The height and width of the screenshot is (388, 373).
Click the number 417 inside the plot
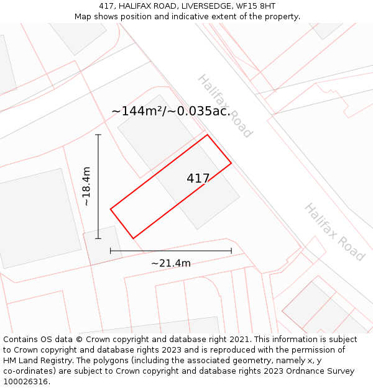pyautogui.click(x=198, y=178)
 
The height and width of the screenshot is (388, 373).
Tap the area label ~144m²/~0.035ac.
pyautogui.click(x=171, y=111)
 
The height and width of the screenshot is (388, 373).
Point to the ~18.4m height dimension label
pyautogui.click(x=86, y=186)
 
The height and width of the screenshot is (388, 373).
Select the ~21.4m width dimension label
pyautogui.click(x=170, y=263)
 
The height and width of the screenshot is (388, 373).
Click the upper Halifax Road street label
pyautogui.click(x=225, y=106)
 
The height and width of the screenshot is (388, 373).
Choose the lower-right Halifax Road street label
pyautogui.click(x=334, y=232)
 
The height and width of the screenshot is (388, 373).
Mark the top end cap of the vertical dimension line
pyautogui.click(x=98, y=135)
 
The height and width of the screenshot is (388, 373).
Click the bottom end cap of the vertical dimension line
pyautogui.click(x=98, y=238)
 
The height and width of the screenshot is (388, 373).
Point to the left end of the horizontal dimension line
pyautogui.click(x=111, y=251)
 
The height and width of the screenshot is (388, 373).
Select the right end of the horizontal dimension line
pyautogui.click(x=231, y=251)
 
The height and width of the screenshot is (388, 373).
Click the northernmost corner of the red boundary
pyautogui.click(x=207, y=135)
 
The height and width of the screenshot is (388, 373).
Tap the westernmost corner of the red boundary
pyautogui.click(x=111, y=209)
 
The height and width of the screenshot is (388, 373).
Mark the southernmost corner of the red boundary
pyautogui.click(x=133, y=238)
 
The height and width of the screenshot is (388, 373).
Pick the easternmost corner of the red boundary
pyautogui.click(x=231, y=163)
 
